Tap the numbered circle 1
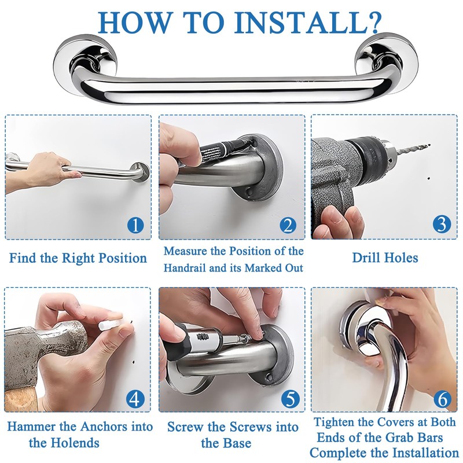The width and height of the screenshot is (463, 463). click(x=135, y=225)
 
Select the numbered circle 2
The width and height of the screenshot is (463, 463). click(x=288, y=226)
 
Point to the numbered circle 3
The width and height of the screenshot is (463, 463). click(x=442, y=223)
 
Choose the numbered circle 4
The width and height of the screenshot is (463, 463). click(x=135, y=399)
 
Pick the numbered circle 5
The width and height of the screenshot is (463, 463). click(x=291, y=399)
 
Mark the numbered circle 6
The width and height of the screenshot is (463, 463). click(x=443, y=399)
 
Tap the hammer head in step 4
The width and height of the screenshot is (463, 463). click(x=45, y=351)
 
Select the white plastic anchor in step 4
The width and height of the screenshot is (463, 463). click(x=110, y=324)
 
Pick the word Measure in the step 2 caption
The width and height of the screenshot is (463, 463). click(x=185, y=251)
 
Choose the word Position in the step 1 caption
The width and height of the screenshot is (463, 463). click(x=122, y=258)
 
